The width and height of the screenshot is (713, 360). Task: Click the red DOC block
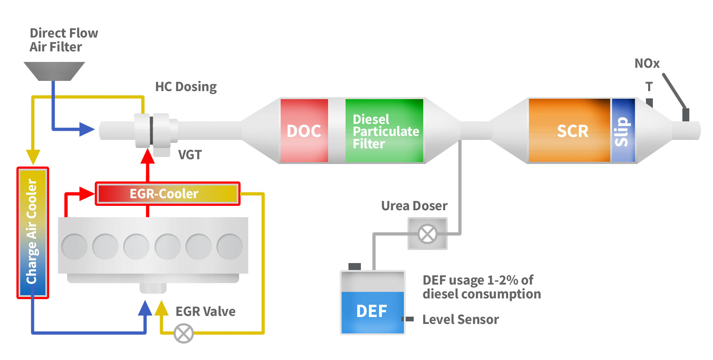304,130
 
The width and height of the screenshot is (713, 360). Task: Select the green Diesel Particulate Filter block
384,130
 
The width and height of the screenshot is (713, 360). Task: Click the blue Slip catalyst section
623,130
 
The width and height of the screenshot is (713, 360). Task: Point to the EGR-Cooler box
167,193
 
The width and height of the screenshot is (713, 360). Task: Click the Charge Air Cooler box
32,232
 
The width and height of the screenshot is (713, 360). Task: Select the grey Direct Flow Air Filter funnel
54,71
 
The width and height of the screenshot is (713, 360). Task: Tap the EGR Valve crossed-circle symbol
184,333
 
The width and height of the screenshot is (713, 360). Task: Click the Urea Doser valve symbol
427,234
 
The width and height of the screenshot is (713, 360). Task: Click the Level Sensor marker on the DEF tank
408,319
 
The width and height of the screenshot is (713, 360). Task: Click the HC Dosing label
186,87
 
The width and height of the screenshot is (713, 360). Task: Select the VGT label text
190,155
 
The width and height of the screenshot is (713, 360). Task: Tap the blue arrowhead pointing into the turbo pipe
87,129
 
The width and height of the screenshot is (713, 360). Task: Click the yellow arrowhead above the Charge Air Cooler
33,157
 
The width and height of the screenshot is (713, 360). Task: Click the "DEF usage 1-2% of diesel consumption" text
481,287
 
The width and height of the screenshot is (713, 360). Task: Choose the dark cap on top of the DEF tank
355,266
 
